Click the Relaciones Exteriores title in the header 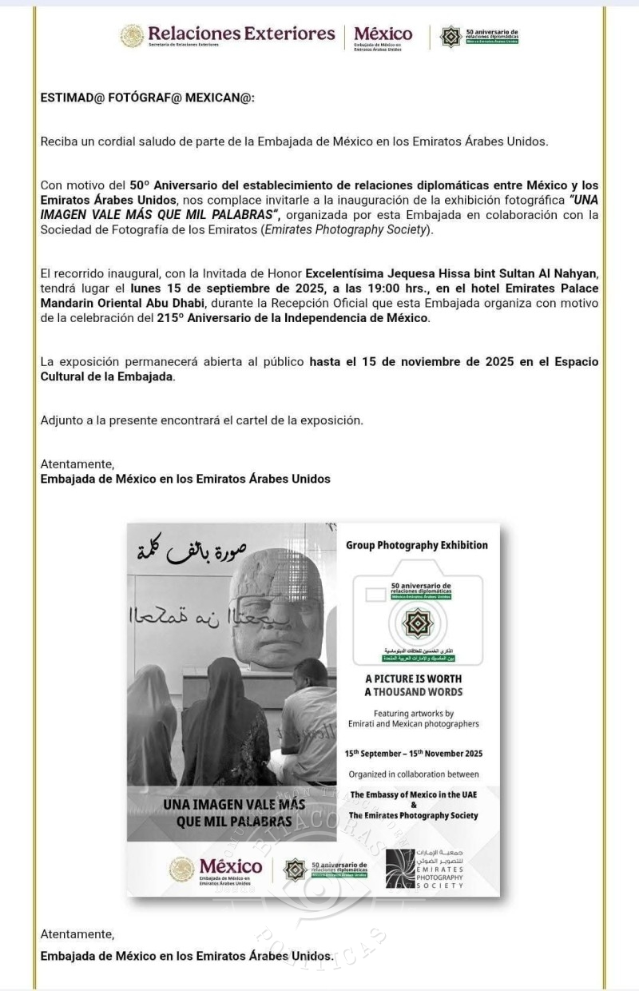[x=240, y=34]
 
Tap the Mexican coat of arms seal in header [x=132, y=36]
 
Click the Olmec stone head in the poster [x=277, y=603]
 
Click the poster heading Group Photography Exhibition [x=416, y=545]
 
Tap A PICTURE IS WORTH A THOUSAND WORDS [x=413, y=685]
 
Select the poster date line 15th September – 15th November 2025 [x=413, y=753]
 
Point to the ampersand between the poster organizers [x=413, y=805]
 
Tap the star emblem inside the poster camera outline [x=414, y=622]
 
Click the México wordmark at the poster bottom [x=230, y=866]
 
